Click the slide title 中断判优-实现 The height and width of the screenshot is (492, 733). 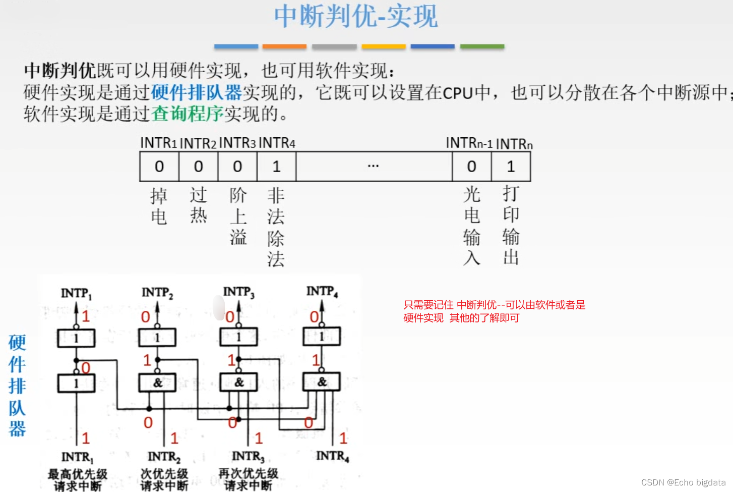(x=356, y=16)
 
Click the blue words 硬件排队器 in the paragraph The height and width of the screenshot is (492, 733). (x=197, y=93)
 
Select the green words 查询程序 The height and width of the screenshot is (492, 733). (x=188, y=114)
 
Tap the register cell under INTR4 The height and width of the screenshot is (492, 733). (x=276, y=167)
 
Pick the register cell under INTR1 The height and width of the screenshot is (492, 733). (x=159, y=167)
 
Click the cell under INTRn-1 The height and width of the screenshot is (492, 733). (x=471, y=167)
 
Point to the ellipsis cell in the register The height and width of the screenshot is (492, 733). (x=374, y=167)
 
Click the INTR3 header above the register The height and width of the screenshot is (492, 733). (x=237, y=143)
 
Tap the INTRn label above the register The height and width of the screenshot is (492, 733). (x=514, y=144)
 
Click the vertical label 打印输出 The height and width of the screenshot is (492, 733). (x=511, y=225)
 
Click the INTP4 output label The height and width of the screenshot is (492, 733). (x=322, y=291)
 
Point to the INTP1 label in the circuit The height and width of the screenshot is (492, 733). (x=76, y=293)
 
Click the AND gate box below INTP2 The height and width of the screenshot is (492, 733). (x=157, y=382)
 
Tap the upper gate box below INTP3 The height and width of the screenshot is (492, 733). (x=238, y=337)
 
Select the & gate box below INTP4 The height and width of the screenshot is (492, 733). (x=321, y=381)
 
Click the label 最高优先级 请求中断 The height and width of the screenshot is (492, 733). (x=78, y=479)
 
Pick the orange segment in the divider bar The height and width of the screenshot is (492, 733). (x=284, y=46)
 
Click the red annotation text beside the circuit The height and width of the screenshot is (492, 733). (x=494, y=311)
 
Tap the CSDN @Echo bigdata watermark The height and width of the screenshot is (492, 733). (x=683, y=482)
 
